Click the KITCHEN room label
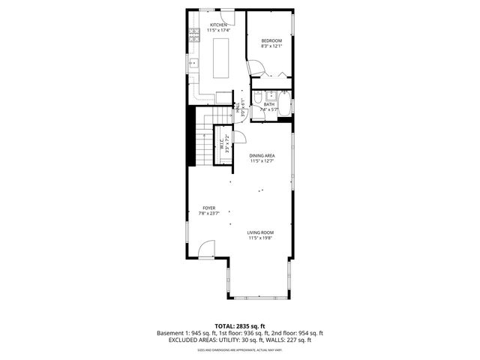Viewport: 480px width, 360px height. [x=218, y=25]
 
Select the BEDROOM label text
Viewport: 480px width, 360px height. [x=271, y=40]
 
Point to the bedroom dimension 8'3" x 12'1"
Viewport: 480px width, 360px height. [x=271, y=46]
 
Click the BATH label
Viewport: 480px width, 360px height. [x=279, y=105]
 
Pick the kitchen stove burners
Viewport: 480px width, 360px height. [x=193, y=34]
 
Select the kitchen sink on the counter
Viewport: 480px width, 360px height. [x=193, y=63]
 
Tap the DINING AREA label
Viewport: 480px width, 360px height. [x=262, y=156]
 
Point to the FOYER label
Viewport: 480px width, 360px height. [x=209, y=208]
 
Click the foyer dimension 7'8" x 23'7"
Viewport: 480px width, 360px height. [x=209, y=214]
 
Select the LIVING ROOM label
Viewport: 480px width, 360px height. [x=260, y=232]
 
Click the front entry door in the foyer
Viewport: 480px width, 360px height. [x=208, y=248]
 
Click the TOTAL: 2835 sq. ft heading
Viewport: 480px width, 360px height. [x=240, y=326]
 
